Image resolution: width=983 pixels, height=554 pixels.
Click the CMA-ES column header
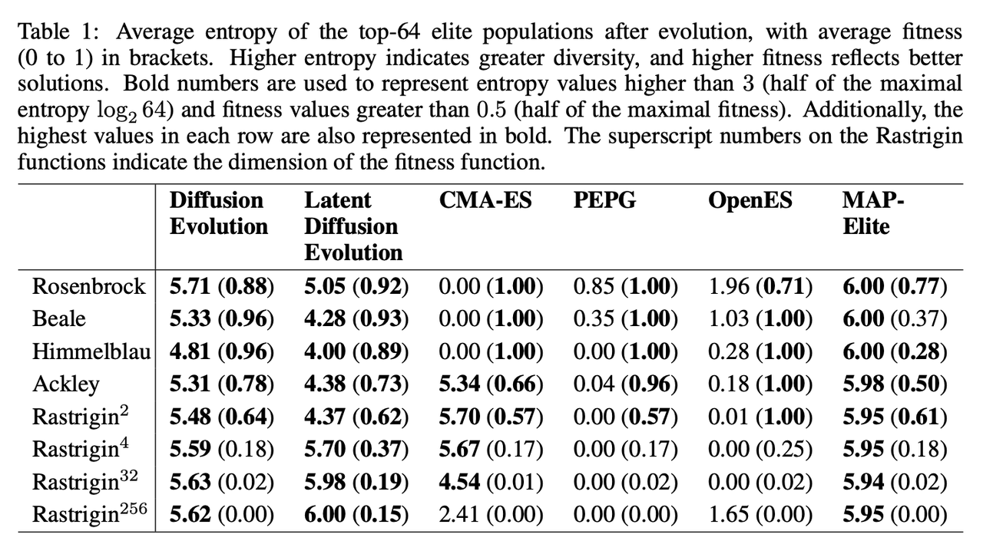(x=485, y=201)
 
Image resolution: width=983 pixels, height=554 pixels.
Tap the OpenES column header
(x=750, y=201)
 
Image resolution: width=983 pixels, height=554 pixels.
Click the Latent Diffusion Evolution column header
(x=353, y=226)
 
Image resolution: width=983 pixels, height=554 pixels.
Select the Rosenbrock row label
(x=89, y=286)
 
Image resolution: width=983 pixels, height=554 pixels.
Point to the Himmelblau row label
(x=91, y=351)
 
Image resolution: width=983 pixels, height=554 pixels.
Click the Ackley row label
(x=66, y=384)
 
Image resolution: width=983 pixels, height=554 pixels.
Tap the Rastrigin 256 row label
(x=91, y=513)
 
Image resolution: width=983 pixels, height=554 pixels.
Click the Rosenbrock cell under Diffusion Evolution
(x=222, y=287)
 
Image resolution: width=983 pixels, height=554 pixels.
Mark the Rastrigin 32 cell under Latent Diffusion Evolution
(x=356, y=482)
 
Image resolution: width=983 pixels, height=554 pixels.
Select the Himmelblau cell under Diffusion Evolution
(x=222, y=351)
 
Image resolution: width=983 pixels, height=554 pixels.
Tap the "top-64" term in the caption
(x=352, y=31)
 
